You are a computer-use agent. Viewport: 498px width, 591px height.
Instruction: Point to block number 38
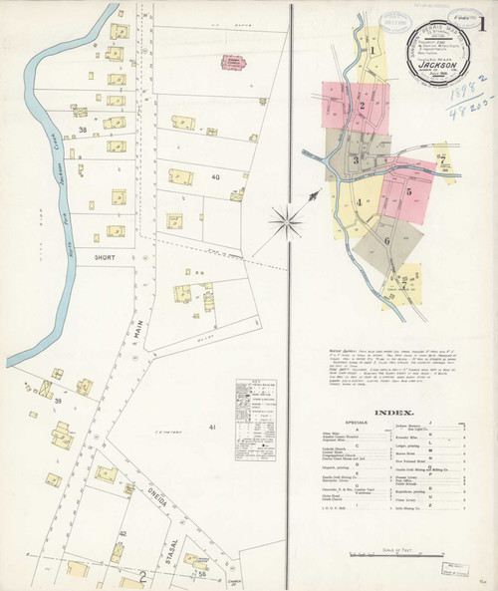pos(84,130)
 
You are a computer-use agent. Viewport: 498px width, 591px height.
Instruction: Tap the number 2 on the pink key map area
pos(364,105)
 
